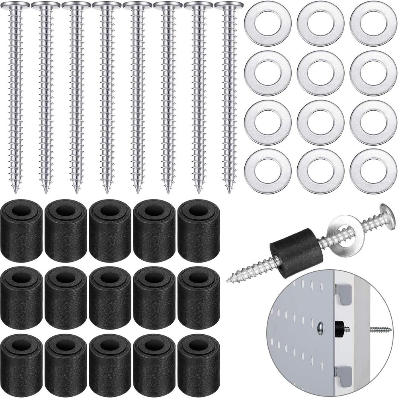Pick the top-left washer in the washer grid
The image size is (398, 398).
267,23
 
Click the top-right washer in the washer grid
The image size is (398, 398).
373,23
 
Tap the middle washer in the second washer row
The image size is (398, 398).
320,73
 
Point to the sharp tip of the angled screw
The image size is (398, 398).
229,281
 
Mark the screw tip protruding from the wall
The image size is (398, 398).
384,329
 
